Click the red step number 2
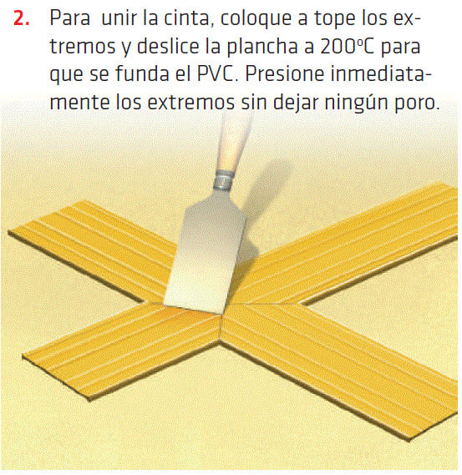click(22, 18)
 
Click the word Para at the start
click(69, 18)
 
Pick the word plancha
click(262, 48)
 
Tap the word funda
click(143, 74)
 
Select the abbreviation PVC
click(216, 74)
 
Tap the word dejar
click(296, 103)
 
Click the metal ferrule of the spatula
click(224, 180)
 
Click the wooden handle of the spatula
click(233, 143)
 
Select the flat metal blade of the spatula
click(206, 251)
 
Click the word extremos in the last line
click(190, 103)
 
